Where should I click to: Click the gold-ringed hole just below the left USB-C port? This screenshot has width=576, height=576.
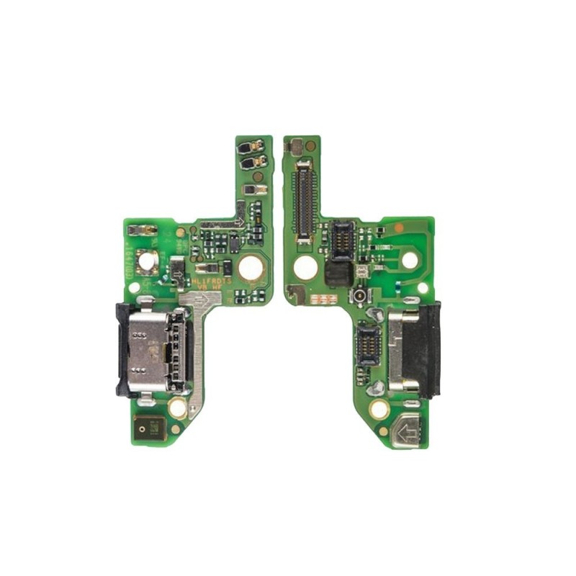click(177, 408)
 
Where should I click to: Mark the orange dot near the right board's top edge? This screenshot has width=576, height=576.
click(399, 227)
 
